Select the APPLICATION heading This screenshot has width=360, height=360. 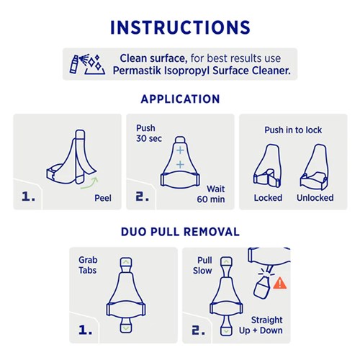pos(180,99)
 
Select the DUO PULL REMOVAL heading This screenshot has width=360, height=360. pos(180,232)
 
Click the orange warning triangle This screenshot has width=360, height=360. pos(281,284)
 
